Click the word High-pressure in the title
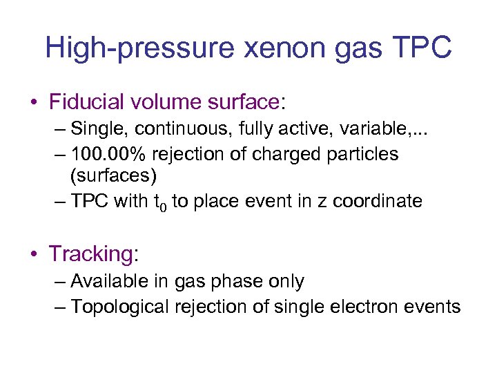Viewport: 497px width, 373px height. [128, 48]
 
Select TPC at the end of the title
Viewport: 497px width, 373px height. [422, 48]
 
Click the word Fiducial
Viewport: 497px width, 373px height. [91, 102]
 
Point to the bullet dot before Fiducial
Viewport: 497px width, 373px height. [34, 103]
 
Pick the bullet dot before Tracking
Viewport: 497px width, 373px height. [34, 254]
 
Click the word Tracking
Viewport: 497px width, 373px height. [90, 254]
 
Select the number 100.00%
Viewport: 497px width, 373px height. [106, 153]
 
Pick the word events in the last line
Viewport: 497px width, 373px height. [436, 307]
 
